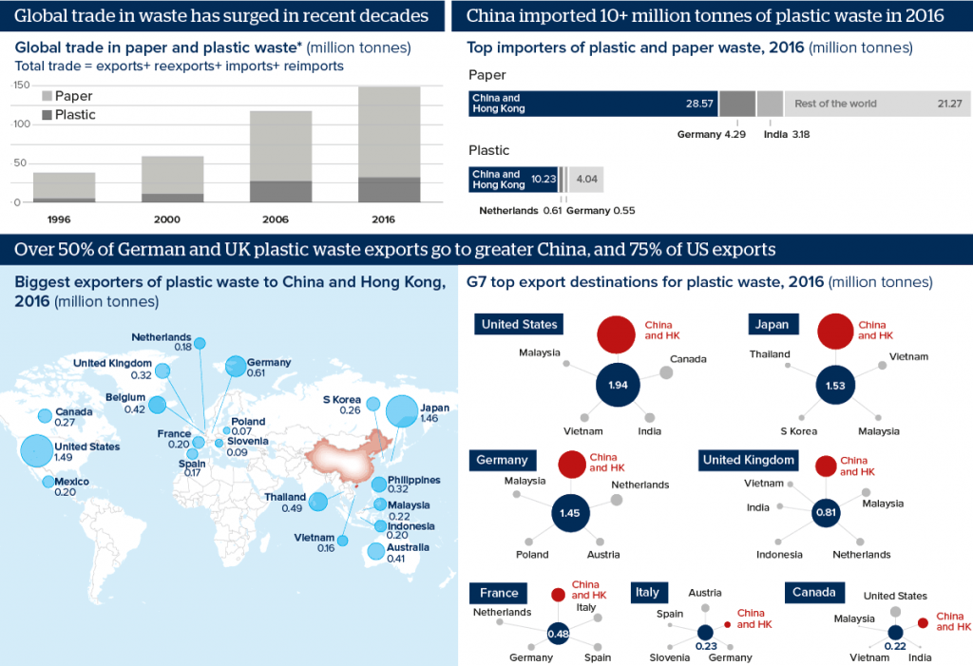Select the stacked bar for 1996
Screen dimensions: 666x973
65,187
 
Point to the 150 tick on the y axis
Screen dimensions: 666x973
17,85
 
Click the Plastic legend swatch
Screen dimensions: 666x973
46,115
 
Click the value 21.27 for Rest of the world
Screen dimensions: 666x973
949,103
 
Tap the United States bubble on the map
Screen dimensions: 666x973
36,450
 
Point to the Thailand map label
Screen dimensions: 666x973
286,497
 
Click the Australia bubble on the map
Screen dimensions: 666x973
376,551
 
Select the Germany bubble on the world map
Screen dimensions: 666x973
235,366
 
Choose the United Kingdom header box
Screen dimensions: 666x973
748,460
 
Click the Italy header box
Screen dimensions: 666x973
647,592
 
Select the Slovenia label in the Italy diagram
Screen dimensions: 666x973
670,657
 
